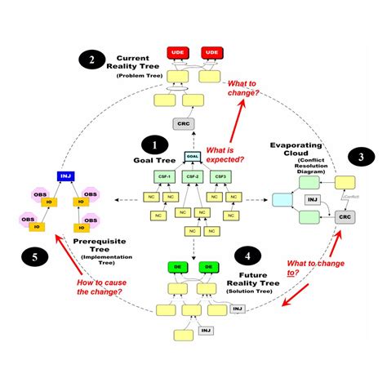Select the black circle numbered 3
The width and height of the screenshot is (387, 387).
[x=357, y=158]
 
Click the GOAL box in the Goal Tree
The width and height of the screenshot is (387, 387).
[x=193, y=156]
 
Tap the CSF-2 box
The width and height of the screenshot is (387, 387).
[x=193, y=176]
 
